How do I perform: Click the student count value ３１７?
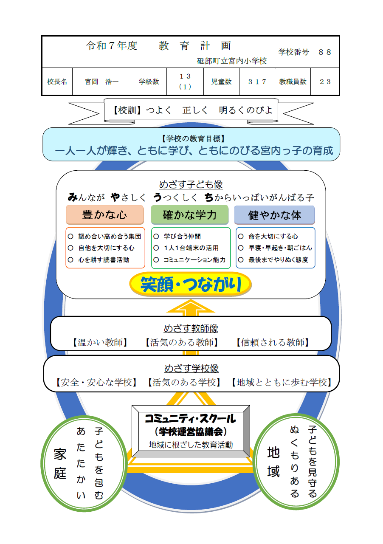tap(257, 82)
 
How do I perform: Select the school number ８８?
tap(325, 52)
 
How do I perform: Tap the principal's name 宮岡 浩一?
tap(101, 82)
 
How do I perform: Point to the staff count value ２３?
tap(325, 82)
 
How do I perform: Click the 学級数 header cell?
tap(149, 82)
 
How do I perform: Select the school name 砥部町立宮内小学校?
tap(232, 61)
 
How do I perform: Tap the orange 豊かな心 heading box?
tap(104, 215)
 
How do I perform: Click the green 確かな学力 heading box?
tap(190, 215)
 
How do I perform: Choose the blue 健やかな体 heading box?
tap(275, 215)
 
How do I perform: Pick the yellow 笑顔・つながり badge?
tap(190, 285)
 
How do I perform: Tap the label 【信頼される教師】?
tap(272, 343)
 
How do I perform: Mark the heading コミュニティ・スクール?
tap(190, 419)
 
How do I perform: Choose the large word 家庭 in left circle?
tap(60, 464)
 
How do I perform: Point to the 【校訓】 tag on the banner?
tap(127, 110)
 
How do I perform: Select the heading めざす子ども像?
tap(191, 185)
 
